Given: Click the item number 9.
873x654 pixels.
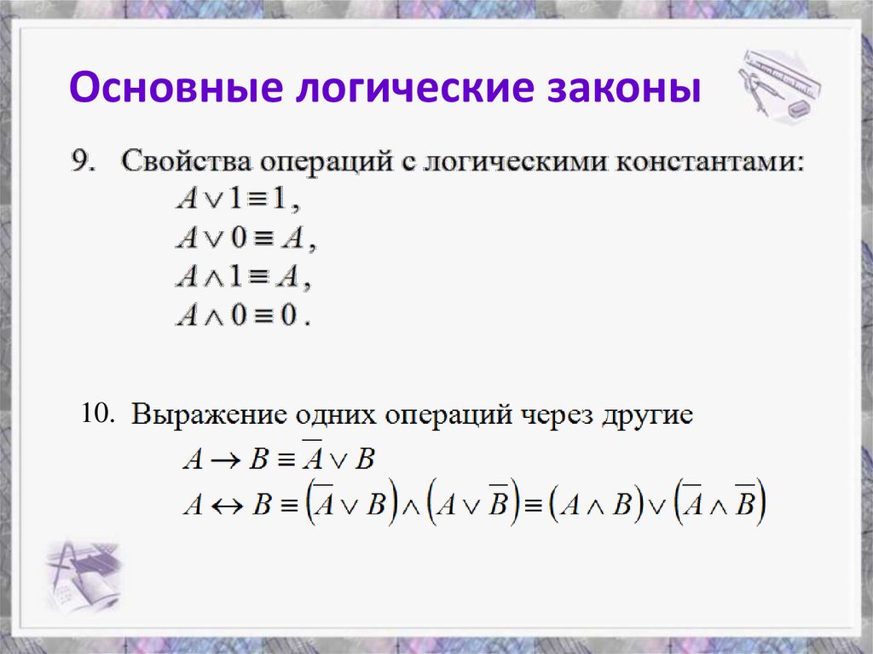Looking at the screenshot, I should point(84,161).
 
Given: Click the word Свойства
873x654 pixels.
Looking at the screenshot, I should point(186,161).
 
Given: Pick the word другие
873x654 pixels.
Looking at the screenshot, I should point(650,417).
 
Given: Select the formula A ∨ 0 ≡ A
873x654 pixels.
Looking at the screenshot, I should point(246,239).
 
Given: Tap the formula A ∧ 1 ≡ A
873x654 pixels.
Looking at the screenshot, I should point(241,277).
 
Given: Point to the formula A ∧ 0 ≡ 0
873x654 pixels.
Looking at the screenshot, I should point(244,316).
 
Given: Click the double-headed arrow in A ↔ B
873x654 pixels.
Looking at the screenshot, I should point(227,505).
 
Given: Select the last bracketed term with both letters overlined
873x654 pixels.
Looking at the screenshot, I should point(720,505).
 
